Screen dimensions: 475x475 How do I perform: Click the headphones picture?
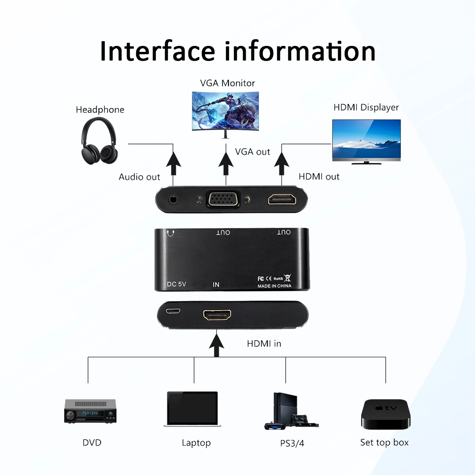point(99,141)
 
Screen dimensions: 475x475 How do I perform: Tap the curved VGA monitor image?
point(225,112)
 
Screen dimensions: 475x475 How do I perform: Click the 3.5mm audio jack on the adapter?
point(173,199)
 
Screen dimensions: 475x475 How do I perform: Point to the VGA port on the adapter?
point(223,199)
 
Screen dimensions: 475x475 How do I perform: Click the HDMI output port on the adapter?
point(282,199)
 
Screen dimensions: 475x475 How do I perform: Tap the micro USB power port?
point(173,311)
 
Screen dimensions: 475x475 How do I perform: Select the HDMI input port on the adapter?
point(217,315)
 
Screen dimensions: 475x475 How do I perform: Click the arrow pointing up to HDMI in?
point(216,345)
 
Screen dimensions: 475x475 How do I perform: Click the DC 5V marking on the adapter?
point(176,284)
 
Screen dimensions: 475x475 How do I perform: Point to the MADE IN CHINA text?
point(274,286)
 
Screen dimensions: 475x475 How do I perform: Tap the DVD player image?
point(90,411)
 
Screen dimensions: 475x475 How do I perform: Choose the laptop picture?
point(192,409)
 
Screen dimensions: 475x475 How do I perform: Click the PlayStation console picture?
point(291,411)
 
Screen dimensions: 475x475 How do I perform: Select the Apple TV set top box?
point(386,414)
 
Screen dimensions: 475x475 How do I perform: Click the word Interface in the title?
point(157,51)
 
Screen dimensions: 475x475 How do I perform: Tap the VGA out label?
point(252,152)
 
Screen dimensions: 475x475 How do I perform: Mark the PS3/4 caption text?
point(292,443)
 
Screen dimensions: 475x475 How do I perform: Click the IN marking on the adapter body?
point(216,285)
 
